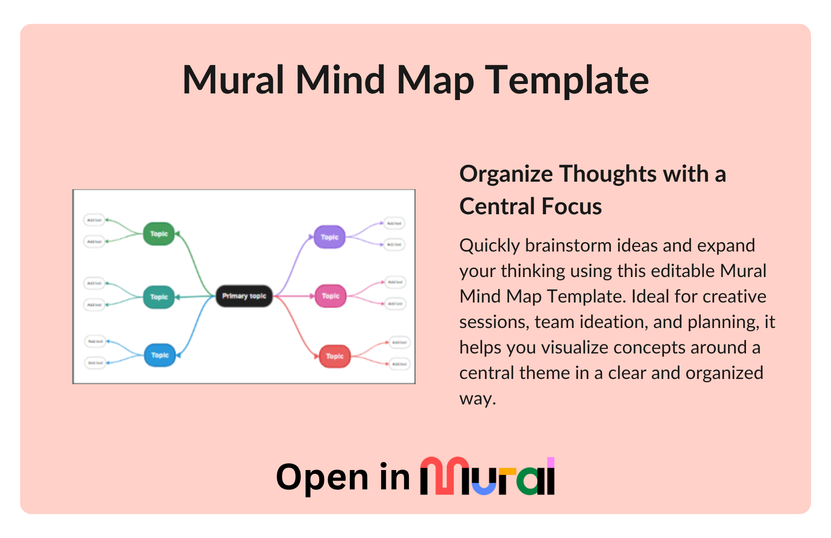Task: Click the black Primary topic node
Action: [244, 296]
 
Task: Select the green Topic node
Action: [159, 234]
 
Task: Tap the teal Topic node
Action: [159, 297]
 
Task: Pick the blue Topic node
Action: [160, 355]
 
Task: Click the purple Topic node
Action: [330, 237]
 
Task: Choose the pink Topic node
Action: [331, 296]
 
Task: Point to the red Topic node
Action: [335, 356]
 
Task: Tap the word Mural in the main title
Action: [233, 80]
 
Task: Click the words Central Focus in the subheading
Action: [530, 206]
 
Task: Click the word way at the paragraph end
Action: [477, 398]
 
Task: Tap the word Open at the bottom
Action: [322, 477]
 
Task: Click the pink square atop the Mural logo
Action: [551, 462]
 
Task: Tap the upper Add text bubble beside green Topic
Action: [94, 220]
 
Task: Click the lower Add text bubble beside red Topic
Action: [399, 364]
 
